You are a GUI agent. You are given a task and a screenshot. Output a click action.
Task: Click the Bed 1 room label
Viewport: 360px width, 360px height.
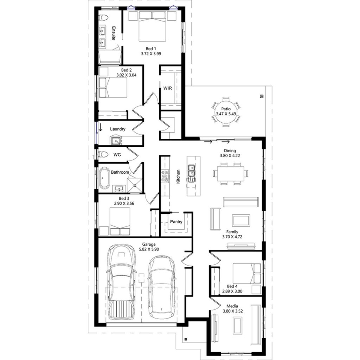pos(151,49)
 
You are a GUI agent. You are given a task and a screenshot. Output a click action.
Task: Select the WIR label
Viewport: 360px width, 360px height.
pos(167,88)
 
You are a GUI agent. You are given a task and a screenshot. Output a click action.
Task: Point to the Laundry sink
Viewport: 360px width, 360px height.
pos(116,141)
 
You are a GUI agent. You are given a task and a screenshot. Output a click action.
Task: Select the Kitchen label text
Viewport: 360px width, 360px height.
pos(179,176)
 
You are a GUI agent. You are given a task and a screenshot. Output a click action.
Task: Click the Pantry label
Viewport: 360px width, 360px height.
pos(176,222)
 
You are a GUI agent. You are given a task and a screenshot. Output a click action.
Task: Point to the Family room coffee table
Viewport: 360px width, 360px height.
pos(241,220)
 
